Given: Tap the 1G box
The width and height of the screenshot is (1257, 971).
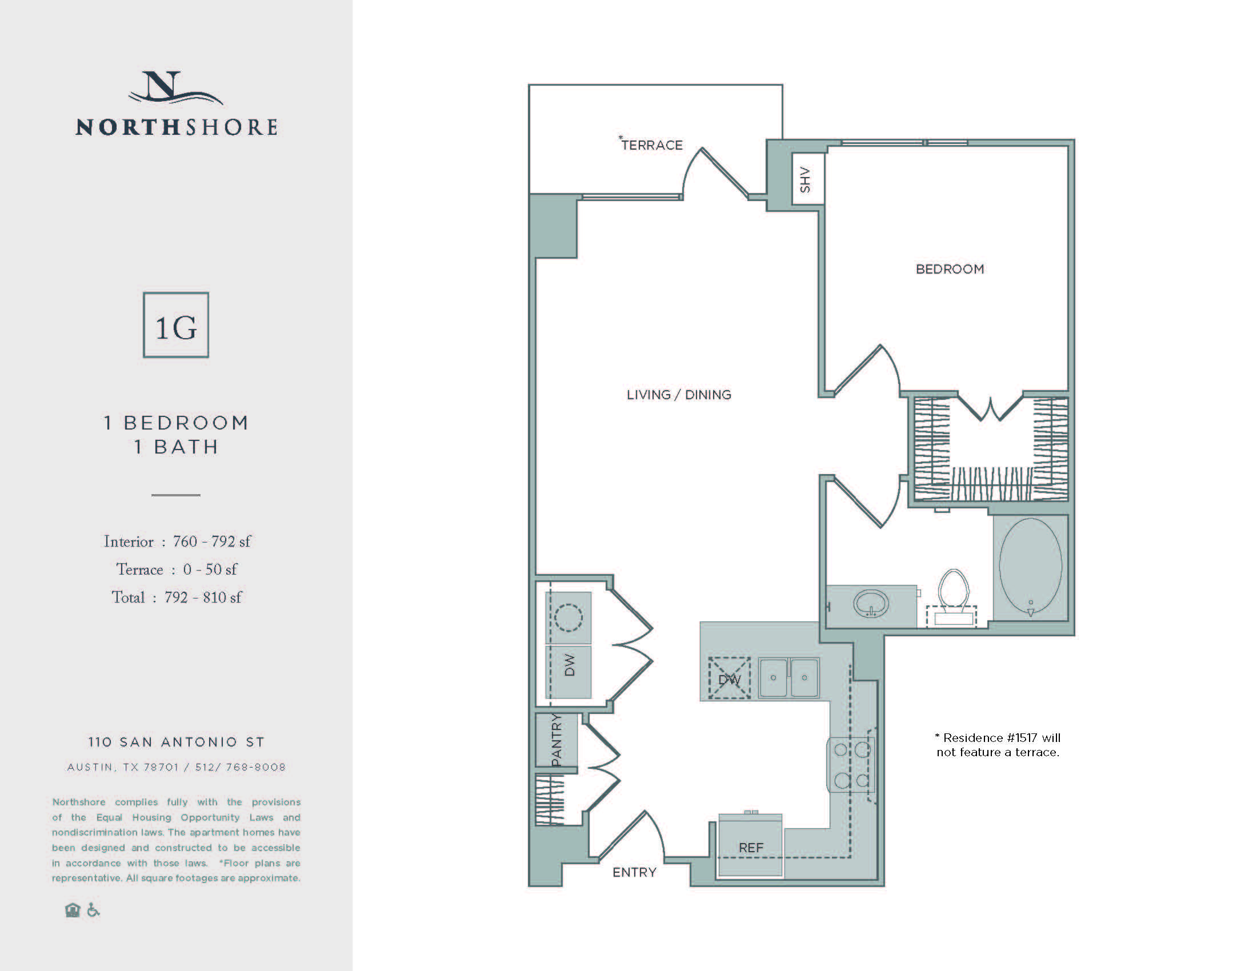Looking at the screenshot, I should pos(176,325).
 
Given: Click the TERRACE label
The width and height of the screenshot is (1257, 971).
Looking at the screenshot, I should pos(651,145).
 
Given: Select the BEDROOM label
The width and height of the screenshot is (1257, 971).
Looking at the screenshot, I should pos(950,269).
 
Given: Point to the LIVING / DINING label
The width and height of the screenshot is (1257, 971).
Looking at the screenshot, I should pos(679,395).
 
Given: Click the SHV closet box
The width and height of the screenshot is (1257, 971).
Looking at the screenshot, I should pos(807,179).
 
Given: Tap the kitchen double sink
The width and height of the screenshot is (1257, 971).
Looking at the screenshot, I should pos(788,678).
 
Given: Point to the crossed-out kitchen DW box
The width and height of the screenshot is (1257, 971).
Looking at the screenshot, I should pos(729,678).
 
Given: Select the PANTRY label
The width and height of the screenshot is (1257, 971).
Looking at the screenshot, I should pos(556,740).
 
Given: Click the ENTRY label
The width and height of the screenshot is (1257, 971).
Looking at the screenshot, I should pos(634,873).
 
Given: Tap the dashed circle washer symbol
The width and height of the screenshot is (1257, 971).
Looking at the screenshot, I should pos(568,618).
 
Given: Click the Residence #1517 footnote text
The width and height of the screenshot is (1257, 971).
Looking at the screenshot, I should pos(998,745).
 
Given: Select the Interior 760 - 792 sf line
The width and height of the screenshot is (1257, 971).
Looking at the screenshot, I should pos(177,542).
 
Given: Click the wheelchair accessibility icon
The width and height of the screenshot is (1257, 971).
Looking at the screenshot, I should pos(93,910).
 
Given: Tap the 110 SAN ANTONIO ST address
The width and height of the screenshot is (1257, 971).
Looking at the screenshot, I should pos(176,742).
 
